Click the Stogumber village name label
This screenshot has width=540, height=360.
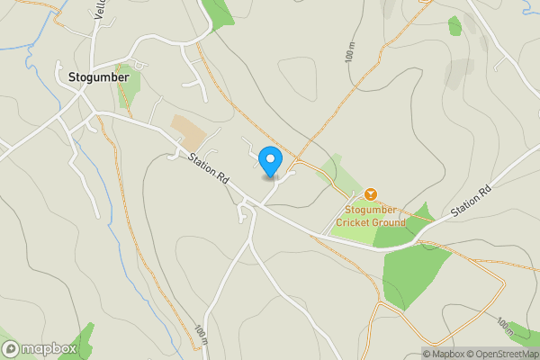pos(99,77)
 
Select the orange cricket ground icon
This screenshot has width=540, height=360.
pos(370,194)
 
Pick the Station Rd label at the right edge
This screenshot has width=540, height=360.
pos(472,200)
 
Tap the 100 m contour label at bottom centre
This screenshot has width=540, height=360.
pos(200,334)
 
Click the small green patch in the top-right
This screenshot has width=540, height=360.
pos(454,26)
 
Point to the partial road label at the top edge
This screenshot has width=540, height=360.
pos(100,9)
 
